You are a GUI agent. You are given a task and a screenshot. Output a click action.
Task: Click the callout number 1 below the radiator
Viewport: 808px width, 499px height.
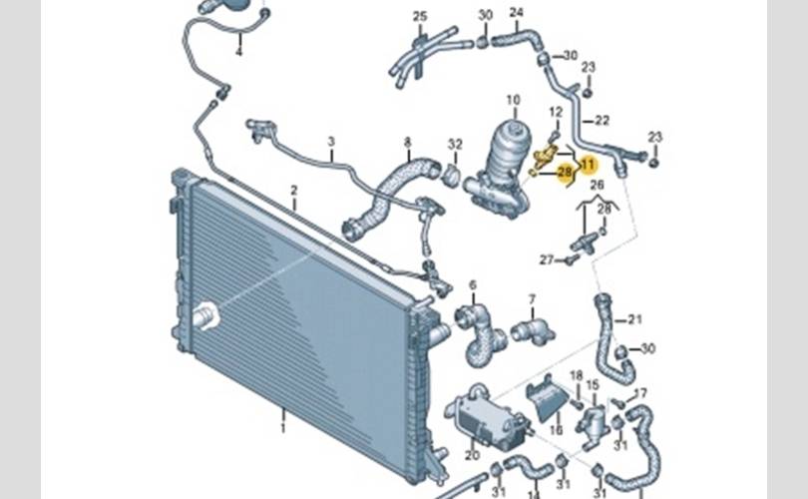point(282,428)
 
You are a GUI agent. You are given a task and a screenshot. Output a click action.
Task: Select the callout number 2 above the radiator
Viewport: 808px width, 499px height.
point(294,190)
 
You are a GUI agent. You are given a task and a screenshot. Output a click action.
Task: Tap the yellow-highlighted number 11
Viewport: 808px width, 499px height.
point(587,164)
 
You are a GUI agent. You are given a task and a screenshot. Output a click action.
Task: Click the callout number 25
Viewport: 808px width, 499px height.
point(420,16)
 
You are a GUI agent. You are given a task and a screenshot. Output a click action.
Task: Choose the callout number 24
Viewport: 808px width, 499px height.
point(516,13)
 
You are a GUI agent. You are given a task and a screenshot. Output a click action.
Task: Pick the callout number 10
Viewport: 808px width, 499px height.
point(513,100)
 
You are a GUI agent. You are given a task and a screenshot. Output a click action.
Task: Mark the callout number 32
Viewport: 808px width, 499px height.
point(455,144)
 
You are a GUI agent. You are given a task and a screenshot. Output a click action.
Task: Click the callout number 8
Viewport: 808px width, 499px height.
point(407,143)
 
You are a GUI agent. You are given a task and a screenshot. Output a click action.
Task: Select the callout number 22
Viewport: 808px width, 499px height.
point(602,120)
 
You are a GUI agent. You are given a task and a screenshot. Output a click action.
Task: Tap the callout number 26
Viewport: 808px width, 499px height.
point(597,185)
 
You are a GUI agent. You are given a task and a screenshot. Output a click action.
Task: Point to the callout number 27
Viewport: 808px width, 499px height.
point(546,259)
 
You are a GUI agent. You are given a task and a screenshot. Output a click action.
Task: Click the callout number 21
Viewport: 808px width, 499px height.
point(635,319)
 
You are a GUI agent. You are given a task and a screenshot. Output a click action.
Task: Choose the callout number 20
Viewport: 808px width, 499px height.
point(471,455)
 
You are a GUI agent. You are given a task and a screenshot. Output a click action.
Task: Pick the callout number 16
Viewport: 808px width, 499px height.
point(557,430)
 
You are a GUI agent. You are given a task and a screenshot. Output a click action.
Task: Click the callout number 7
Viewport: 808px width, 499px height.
point(532,298)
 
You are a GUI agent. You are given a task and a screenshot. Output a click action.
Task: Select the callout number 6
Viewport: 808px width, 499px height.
point(472,285)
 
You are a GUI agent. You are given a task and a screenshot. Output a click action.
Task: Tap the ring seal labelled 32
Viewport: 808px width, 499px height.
point(450,177)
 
